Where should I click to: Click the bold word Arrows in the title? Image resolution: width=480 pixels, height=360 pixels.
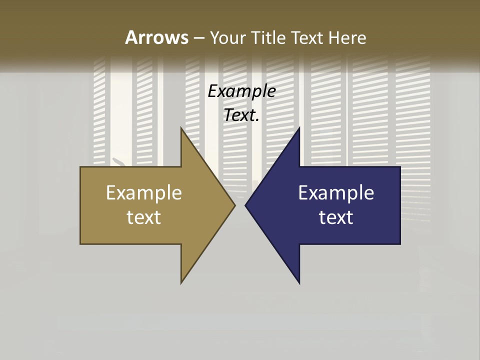pos(156,37)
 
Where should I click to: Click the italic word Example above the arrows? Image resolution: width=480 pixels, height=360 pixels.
pos(241,91)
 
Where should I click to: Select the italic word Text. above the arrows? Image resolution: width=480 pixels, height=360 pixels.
pos(241,115)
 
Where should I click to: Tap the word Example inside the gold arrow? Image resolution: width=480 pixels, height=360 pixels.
pos(144,192)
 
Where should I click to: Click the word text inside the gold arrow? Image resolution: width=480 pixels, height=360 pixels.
pos(144,217)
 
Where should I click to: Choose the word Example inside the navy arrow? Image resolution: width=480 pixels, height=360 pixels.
pos(336,192)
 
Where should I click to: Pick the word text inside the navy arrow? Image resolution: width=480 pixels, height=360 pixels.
pos(336,217)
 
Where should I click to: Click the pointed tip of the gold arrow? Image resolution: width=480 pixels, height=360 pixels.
pos(235,205)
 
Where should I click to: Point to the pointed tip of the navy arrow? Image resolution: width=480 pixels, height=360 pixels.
pos(245,205)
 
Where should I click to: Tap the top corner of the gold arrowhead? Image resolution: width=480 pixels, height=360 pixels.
pos(181,128)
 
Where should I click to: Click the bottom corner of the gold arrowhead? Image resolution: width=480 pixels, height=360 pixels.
pos(181,283)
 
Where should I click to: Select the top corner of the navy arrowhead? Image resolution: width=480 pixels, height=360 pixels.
pos(299,128)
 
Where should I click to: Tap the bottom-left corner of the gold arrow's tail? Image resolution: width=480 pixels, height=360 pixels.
pos(80,244)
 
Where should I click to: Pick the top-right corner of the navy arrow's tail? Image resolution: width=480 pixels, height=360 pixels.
pos(400,167)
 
